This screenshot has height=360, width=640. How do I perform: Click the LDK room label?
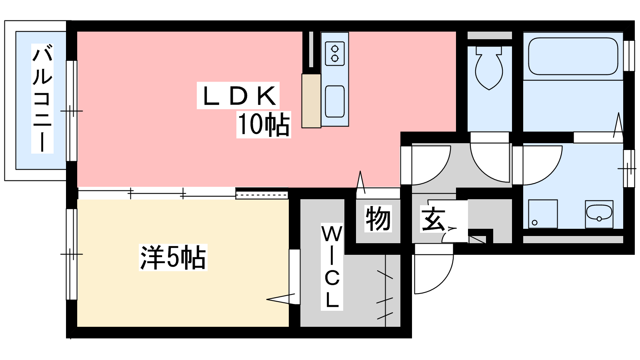coord(238,96)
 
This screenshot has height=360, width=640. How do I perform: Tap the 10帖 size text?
coord(264,124)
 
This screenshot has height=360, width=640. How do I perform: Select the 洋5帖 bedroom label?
coord(173,257)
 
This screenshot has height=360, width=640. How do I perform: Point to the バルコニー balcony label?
coord(42,98)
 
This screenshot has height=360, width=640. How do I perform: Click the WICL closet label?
coord(332,266)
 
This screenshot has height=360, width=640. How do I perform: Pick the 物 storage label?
coord(378,218)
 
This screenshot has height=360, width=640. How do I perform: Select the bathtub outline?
coord(573,56)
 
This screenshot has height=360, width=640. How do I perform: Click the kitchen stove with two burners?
coord(334,54)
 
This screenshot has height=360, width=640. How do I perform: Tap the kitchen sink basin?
coord(334,102)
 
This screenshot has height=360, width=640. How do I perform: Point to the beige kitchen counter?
coord(311,101)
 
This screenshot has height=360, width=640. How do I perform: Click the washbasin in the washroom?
coord(599,214)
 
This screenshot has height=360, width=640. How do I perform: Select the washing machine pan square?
coord(543,214)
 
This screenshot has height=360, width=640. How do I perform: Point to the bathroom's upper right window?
coord(628,56)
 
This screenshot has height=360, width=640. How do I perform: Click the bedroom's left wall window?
coord(72,254)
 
